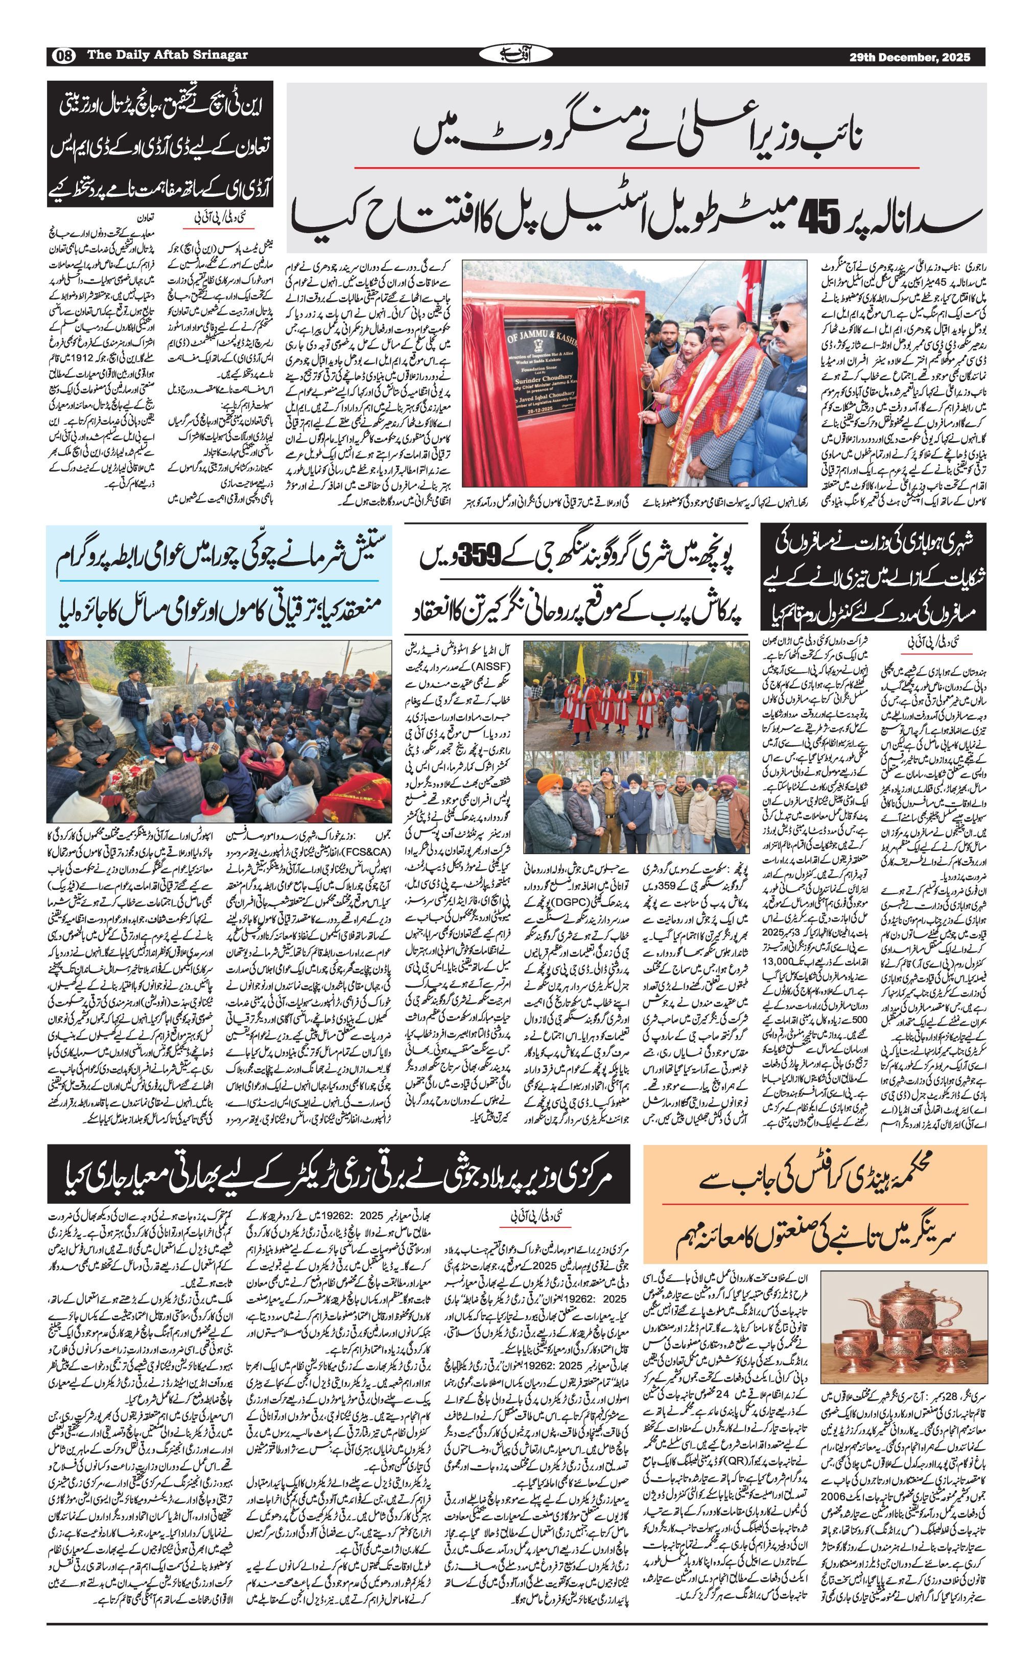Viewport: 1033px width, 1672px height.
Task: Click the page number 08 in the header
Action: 63,56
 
